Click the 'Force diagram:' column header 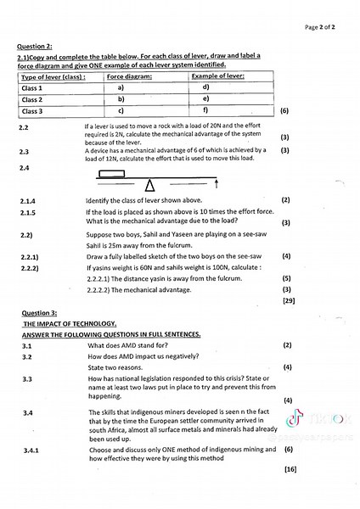(x=130, y=76)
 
